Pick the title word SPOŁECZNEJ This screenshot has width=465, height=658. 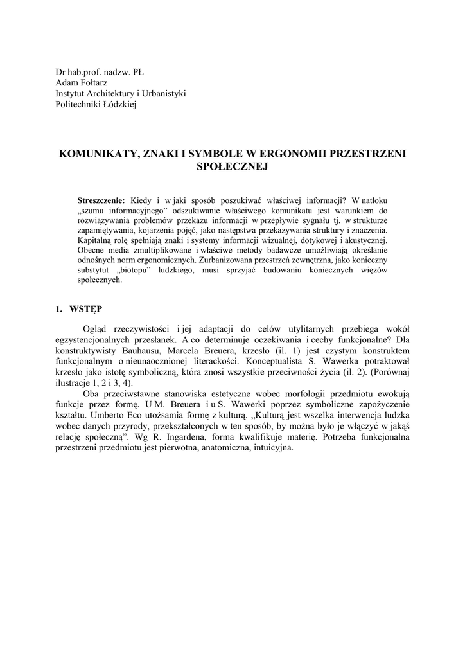[232, 166]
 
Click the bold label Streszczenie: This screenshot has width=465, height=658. [101, 200]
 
